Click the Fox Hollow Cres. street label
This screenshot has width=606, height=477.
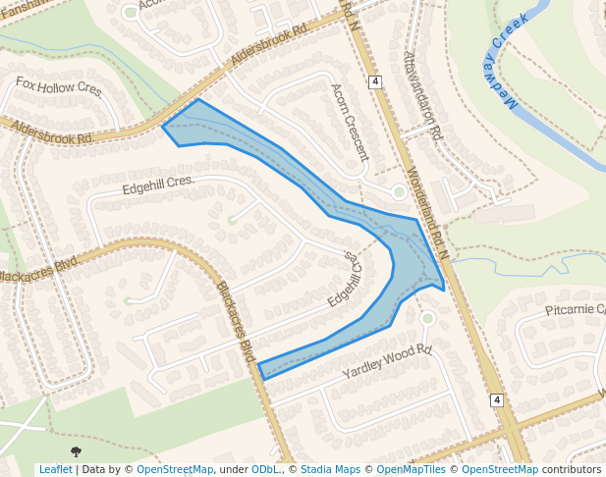[59, 87]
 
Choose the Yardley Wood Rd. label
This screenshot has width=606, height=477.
[387, 362]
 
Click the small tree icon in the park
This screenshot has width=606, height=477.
[77, 450]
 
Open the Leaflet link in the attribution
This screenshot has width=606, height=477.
[55, 470]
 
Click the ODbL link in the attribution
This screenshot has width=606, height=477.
[264, 470]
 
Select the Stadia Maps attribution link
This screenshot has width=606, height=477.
[330, 470]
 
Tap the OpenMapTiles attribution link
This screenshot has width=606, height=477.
[412, 470]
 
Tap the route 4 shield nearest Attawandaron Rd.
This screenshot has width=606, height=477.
[375, 81]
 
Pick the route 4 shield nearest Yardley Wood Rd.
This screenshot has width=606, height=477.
[497, 400]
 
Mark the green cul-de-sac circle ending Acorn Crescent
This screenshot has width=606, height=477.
[399, 192]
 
